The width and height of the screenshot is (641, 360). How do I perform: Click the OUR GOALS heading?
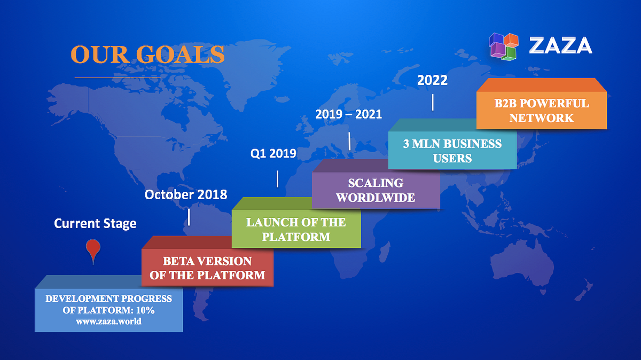[x=147, y=54]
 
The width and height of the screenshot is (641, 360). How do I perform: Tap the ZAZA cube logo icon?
[x=504, y=46]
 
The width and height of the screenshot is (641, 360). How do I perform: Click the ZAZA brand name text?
[x=560, y=46]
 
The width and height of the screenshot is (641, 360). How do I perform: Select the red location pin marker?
[x=93, y=250]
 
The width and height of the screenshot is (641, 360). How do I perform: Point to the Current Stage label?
[x=95, y=223]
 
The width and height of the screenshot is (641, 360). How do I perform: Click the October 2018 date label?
[x=186, y=194]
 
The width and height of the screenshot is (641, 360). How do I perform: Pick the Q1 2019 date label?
[x=273, y=154]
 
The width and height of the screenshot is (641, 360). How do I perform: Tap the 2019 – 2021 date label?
[x=348, y=114]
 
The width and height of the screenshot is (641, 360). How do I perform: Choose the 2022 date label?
[x=432, y=81]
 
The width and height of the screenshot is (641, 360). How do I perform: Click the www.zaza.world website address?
[x=108, y=322]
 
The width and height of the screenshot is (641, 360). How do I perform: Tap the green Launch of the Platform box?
[x=296, y=229]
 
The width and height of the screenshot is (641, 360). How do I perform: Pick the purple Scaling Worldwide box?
[x=375, y=190]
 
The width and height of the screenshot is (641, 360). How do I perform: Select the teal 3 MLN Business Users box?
[x=452, y=151]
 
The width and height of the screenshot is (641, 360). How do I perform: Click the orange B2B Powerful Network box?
[x=541, y=111]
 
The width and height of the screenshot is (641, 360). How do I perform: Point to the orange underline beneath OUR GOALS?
[x=118, y=77]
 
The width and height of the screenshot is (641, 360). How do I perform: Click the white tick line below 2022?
[x=433, y=102]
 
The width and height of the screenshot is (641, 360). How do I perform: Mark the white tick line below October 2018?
[x=189, y=217]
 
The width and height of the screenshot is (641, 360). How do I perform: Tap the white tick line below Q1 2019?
[x=277, y=179]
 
